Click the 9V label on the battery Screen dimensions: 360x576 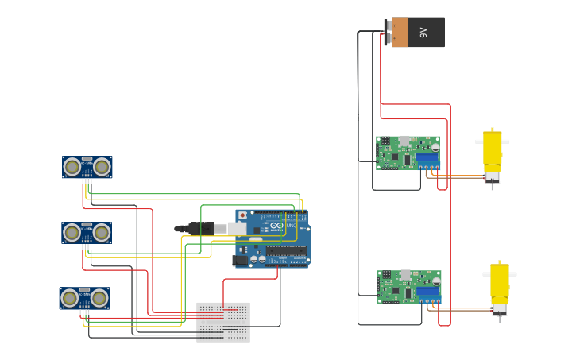pos(423,33)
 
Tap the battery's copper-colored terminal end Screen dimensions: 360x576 pos(400,33)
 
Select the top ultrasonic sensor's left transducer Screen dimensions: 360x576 pos(72,167)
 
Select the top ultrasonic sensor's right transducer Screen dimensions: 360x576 pos(102,167)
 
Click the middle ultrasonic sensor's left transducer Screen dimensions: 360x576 pos(72,233)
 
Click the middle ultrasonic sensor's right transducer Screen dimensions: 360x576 pos(101,233)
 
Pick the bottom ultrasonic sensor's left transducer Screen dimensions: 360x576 pos(70,299)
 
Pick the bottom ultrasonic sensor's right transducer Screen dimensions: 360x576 pos(99,299)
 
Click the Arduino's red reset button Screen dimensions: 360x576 pos(242,215)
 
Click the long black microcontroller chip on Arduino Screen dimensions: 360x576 pos(286,250)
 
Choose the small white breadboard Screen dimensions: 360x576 pos(223,322)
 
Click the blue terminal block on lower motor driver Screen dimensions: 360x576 pos(428,294)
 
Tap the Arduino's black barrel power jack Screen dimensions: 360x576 pos(240,260)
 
